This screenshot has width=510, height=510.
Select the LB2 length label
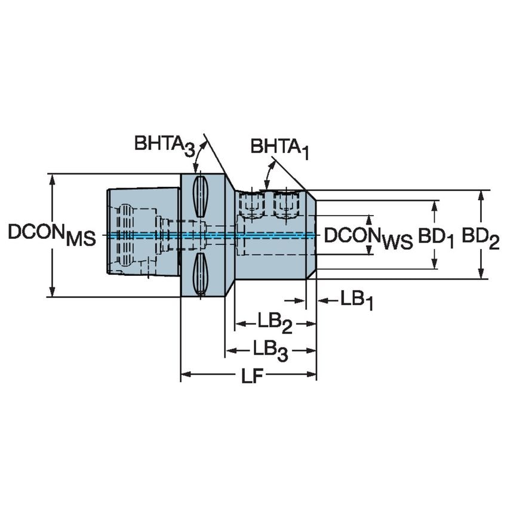(274, 324)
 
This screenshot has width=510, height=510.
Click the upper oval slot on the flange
(201, 196)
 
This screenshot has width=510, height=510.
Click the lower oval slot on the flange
(201, 273)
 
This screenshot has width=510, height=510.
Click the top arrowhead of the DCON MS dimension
(53, 179)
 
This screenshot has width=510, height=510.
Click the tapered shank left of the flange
(143, 232)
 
